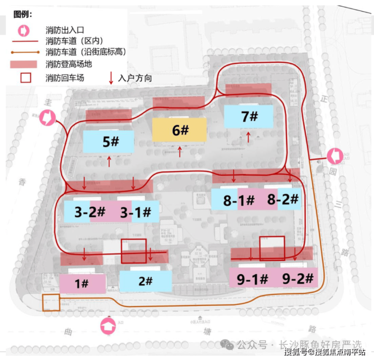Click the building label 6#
(x=180, y=130)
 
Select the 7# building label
(x=250, y=117)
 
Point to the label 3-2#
(x=89, y=213)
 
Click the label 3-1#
(x=135, y=213)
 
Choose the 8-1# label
(x=239, y=200)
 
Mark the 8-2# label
(x=283, y=199)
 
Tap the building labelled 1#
(x=82, y=284)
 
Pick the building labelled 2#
(x=145, y=281)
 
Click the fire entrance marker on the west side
(x=46, y=118)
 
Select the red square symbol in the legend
(x=25, y=78)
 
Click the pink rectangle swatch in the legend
(x=24, y=64)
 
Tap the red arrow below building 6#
(x=180, y=151)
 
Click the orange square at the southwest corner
(x=51, y=302)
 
